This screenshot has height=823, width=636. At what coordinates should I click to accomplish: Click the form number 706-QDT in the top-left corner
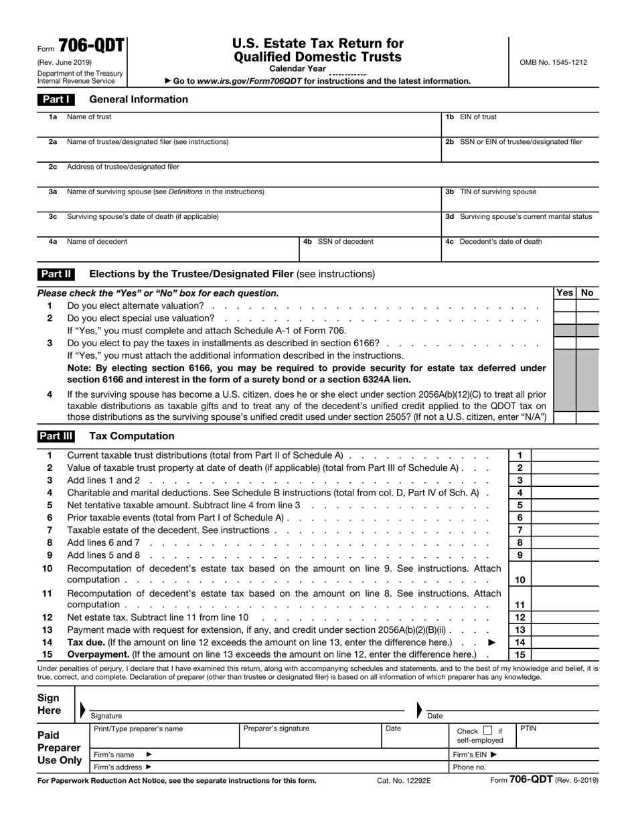coord(91,46)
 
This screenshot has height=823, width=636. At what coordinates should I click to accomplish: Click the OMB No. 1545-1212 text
coord(552,62)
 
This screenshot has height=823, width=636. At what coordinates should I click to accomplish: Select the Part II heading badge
coord(56,274)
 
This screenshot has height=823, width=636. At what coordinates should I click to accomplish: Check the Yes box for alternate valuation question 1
coord(564,306)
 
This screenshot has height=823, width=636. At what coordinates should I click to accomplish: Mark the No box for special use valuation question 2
coord(587,318)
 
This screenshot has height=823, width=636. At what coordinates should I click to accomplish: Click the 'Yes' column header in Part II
coord(564,293)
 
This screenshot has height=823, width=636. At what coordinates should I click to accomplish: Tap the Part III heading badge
coord(56,436)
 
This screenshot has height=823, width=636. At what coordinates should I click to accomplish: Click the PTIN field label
coord(528,728)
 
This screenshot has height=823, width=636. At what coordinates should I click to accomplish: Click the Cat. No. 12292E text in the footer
coord(404,780)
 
